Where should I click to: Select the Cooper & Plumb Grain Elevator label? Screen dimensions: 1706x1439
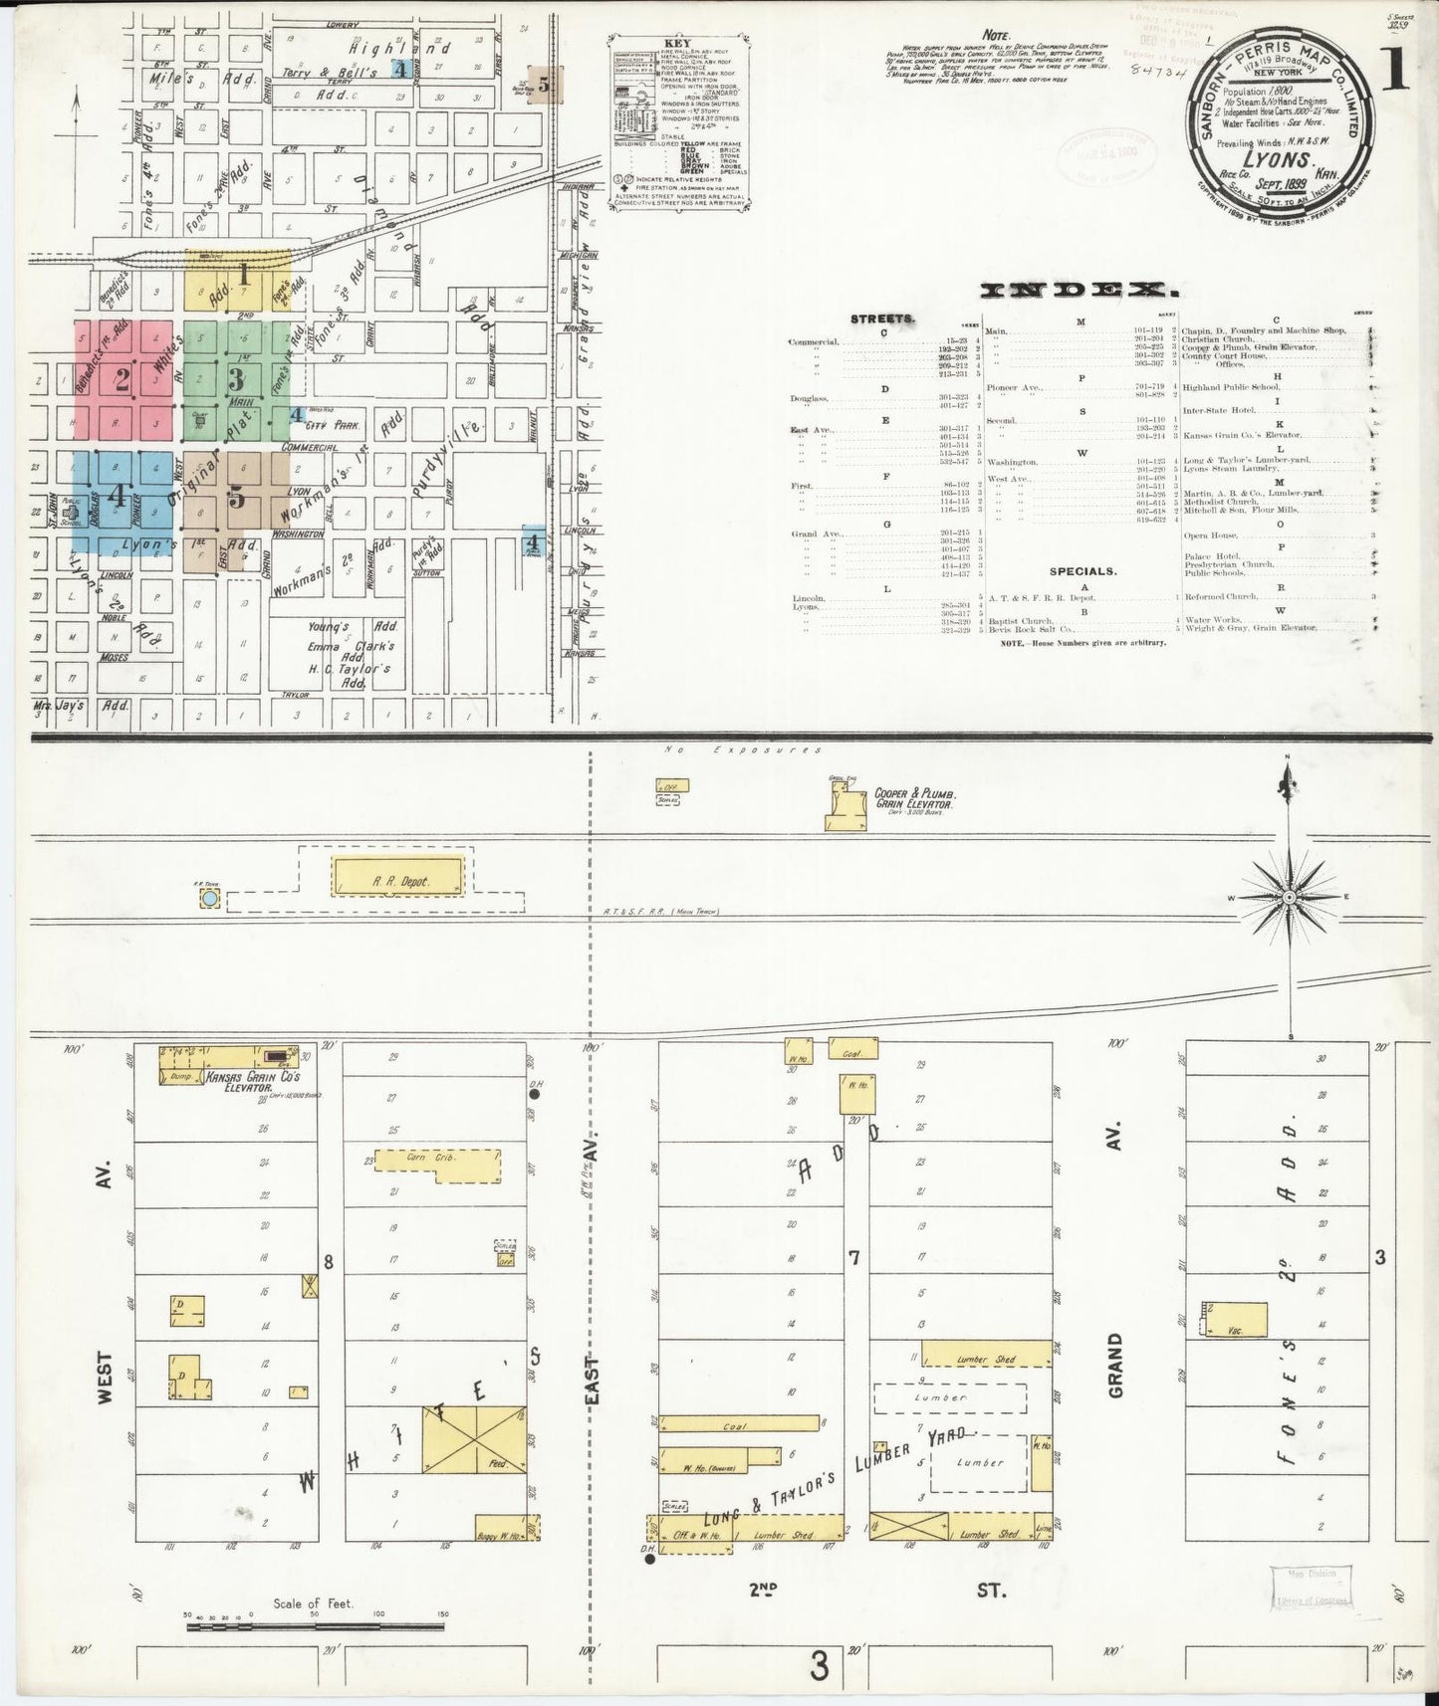click(x=915, y=798)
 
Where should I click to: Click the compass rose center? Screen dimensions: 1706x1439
click(x=1289, y=898)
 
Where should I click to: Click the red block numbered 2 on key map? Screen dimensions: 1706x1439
click(x=123, y=378)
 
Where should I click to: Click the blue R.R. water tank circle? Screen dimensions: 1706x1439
click(x=209, y=899)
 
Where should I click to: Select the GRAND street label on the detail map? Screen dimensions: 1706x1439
click(x=1114, y=1368)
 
